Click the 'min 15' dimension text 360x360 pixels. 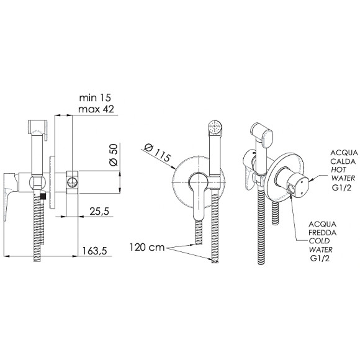[x=95, y=98]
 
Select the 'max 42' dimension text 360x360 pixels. [x=96, y=109]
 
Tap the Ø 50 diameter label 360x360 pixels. [x=114, y=155]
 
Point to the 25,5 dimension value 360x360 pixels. [x=99, y=212]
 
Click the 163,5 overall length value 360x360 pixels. [x=94, y=251]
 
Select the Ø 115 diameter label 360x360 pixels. [x=158, y=153]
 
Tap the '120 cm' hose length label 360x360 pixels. [x=147, y=247]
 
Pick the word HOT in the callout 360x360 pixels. [x=339, y=170]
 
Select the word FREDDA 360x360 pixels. [x=322, y=233]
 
